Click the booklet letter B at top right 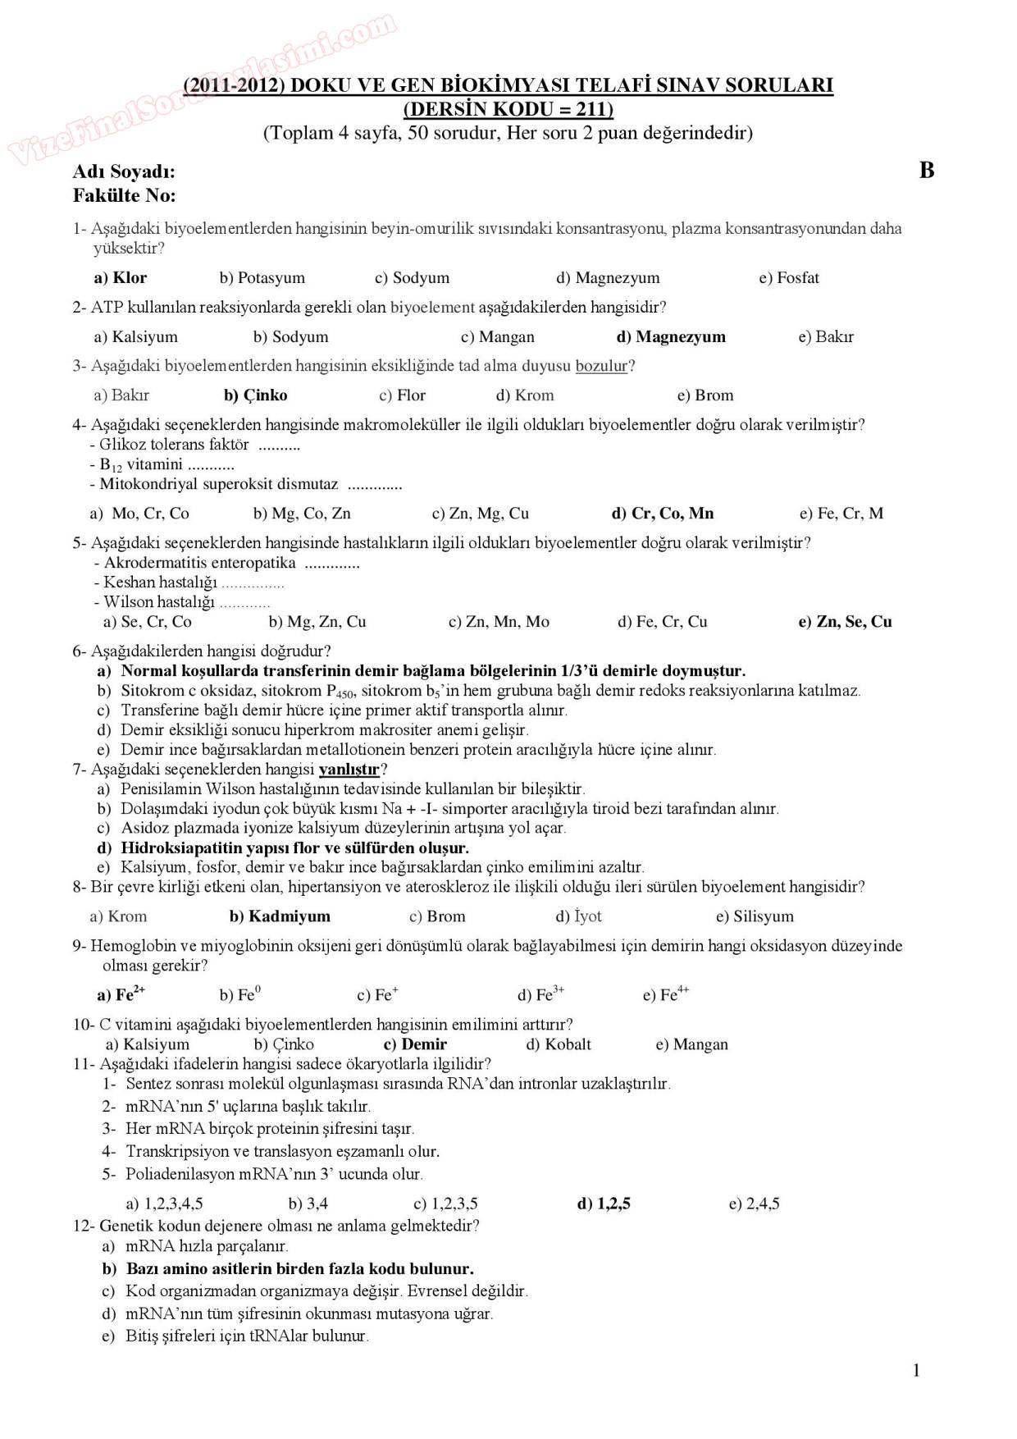point(927,171)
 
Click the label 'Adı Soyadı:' point(124,171)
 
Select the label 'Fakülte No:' point(125,195)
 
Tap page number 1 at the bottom point(916,1370)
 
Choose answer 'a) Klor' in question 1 point(121,277)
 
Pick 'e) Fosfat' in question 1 point(788,277)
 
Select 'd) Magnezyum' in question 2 point(670,336)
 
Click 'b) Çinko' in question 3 point(256,395)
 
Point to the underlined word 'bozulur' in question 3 point(601,366)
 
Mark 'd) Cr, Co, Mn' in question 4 point(663,513)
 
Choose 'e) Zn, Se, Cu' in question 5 point(845,621)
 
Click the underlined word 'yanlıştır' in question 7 point(349,770)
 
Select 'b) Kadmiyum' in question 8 point(280,916)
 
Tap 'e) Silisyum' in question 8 point(755,916)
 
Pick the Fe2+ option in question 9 point(121,994)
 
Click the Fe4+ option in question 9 point(666,994)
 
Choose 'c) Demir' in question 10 point(415,1044)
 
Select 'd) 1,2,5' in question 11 point(604,1204)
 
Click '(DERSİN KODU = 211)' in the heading point(508,109)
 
